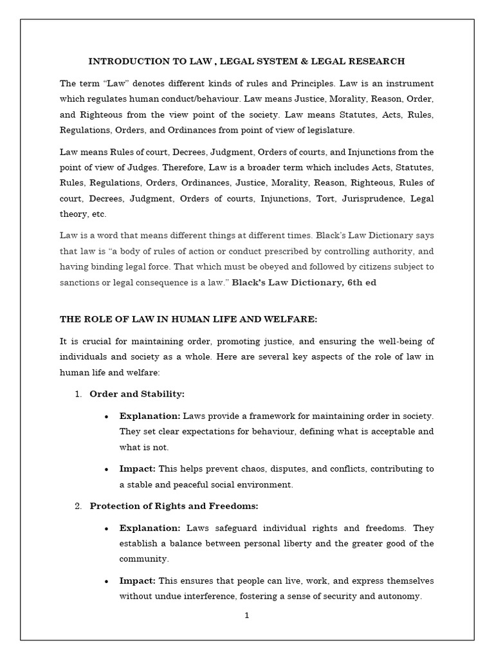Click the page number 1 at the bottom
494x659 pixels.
coord(246,615)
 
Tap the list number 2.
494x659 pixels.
coord(77,506)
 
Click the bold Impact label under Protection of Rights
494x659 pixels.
coord(137,581)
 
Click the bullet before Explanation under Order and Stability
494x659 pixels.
coord(105,416)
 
